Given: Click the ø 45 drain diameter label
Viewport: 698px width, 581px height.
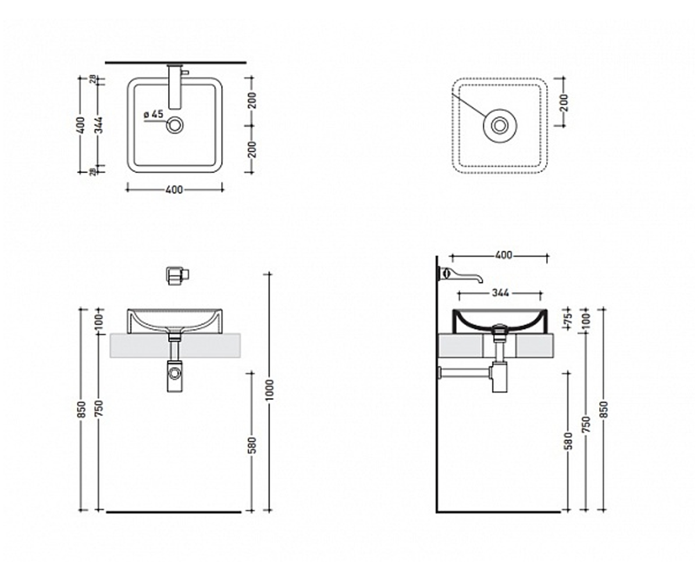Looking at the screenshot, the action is point(154,114).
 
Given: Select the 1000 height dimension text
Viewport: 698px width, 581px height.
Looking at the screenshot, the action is point(270,390).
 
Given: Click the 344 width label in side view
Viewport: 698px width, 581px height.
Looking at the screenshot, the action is point(500,293).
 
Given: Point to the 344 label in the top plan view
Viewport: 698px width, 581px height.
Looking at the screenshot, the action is point(99,125).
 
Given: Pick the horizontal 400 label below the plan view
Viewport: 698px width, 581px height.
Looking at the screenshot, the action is point(174,189).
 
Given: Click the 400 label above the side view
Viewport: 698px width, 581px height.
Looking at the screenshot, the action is point(504,255).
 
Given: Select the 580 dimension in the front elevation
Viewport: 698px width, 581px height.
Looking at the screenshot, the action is point(252,445).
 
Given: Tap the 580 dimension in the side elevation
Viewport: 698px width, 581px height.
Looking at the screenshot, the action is point(568,441).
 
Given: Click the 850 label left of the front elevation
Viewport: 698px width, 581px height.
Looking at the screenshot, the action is point(81,410).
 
